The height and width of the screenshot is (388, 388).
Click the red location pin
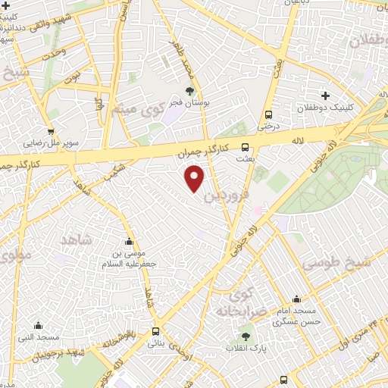click(x=196, y=177)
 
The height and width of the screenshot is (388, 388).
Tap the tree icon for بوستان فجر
click(x=189, y=91)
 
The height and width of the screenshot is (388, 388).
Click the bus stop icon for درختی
click(x=268, y=115)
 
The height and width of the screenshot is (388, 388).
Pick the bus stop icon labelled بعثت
click(x=245, y=147)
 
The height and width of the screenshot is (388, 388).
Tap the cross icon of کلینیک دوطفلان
click(x=325, y=95)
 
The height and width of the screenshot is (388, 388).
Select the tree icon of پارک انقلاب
click(x=245, y=336)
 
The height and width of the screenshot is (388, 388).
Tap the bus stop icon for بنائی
click(x=155, y=331)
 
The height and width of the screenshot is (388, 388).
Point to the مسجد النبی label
click(x=39, y=336)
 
